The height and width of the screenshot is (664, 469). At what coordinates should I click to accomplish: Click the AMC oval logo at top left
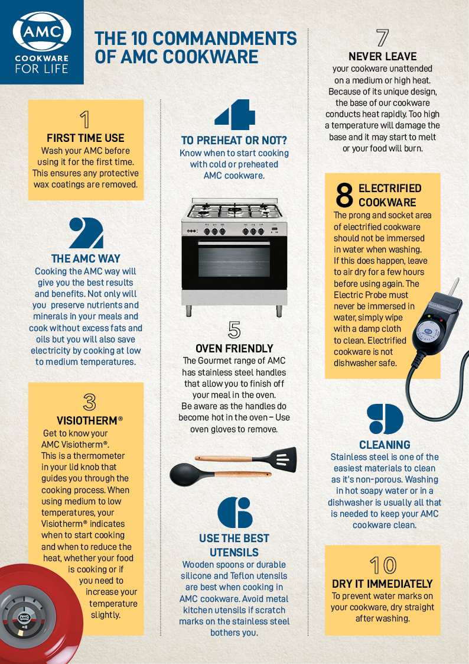[41, 33]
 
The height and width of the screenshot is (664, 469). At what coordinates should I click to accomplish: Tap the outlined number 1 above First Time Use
[85, 119]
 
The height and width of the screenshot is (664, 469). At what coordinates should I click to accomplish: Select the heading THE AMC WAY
[86, 258]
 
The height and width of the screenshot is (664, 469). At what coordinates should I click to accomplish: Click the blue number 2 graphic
[86, 233]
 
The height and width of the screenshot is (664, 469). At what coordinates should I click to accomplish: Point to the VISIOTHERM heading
[86, 420]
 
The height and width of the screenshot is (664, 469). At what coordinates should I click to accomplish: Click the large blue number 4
[234, 114]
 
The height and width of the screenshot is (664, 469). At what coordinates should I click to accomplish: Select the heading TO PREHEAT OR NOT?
[234, 140]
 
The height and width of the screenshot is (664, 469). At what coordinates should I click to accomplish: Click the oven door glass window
[234, 261]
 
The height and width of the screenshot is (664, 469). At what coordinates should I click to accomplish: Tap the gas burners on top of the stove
[234, 210]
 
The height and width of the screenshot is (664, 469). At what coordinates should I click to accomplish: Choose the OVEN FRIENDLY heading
[234, 348]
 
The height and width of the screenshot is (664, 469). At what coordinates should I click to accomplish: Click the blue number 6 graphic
[234, 512]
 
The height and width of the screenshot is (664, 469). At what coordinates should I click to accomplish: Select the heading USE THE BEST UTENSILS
[234, 545]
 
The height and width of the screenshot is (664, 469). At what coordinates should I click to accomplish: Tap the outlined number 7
[382, 38]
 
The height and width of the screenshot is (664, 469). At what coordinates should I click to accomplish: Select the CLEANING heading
[385, 445]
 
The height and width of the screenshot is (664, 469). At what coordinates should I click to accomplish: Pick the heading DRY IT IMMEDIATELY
[382, 584]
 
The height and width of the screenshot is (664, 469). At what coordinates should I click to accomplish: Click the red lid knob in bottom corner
[24, 618]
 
